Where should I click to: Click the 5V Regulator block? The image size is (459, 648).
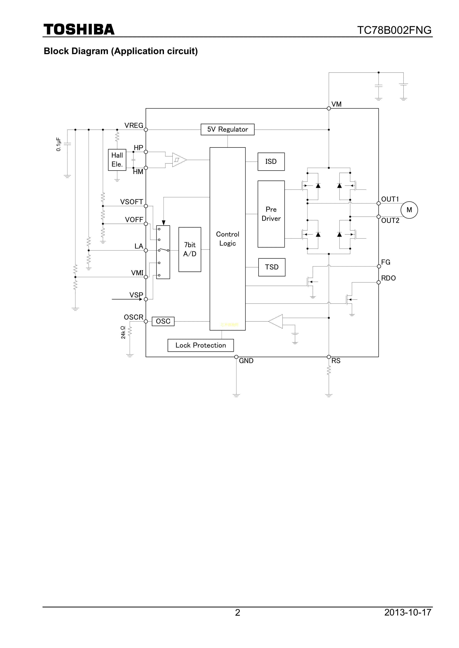click(x=228, y=129)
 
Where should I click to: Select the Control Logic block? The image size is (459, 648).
click(x=228, y=239)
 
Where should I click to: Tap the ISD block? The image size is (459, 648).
click(x=271, y=161)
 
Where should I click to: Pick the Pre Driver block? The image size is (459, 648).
click(x=271, y=214)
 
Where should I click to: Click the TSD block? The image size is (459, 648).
click(x=272, y=267)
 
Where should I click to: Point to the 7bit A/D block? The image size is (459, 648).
click(x=190, y=250)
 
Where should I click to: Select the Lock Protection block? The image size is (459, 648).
click(x=201, y=345)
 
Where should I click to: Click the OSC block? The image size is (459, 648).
click(x=163, y=321)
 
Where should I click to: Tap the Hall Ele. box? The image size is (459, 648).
click(x=117, y=160)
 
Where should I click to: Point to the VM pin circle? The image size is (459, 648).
click(x=329, y=108)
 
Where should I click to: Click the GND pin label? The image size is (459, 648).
click(x=246, y=361)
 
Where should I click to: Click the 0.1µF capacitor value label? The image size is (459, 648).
click(x=58, y=144)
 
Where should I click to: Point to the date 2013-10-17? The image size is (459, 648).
click(x=408, y=620)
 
